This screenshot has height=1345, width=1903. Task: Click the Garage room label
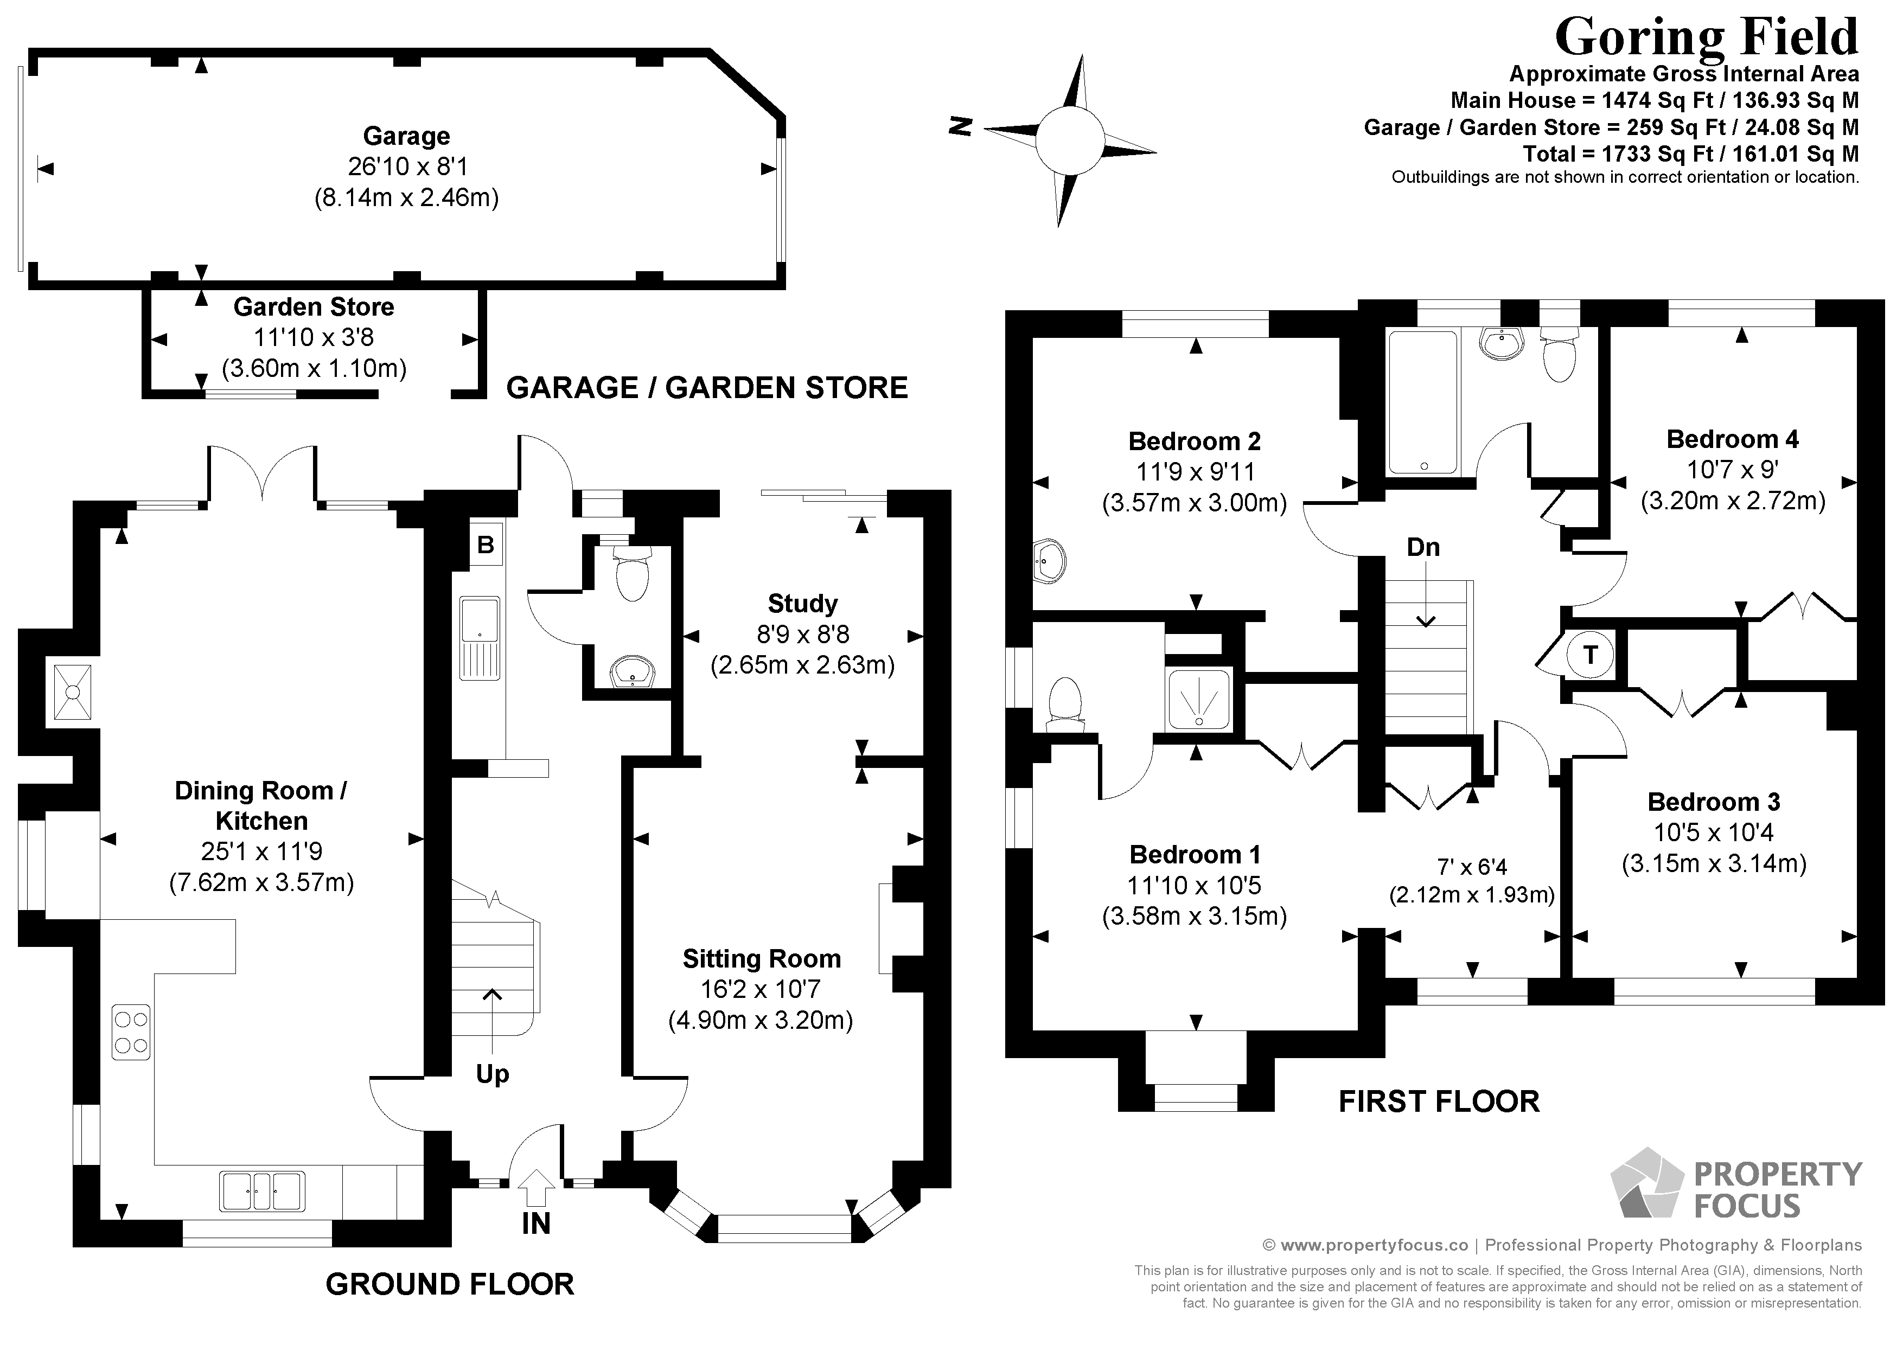[406, 136]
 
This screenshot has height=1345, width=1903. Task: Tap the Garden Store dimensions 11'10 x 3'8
[314, 337]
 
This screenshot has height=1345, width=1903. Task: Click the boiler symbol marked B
[486, 545]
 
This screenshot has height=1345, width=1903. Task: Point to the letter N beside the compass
[960, 126]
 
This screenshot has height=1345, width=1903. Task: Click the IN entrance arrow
[537, 1188]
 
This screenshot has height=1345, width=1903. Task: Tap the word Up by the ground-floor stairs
[493, 1074]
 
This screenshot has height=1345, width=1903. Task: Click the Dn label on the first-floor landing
[1423, 547]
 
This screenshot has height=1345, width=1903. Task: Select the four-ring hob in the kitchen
[131, 1032]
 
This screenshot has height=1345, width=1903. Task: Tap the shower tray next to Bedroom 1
[1198, 700]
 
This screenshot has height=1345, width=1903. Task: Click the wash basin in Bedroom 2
[1050, 563]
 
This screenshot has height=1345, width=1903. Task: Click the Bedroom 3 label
[1713, 802]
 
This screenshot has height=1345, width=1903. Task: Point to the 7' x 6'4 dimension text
[1471, 867]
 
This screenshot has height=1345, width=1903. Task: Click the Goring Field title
[1706, 36]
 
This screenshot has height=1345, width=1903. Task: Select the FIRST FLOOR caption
[1439, 1101]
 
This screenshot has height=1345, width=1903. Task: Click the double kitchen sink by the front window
[262, 1191]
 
